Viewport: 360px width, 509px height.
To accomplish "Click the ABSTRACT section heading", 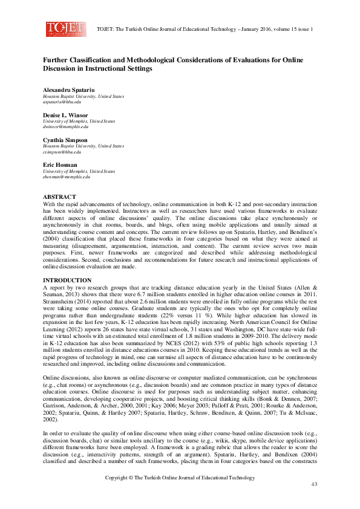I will tap(59, 197).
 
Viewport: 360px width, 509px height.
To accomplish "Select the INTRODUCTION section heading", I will tap(67, 280).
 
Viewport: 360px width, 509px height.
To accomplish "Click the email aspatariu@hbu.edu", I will tap(61, 102).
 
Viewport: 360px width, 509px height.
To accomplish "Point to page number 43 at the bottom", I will tap(314, 485).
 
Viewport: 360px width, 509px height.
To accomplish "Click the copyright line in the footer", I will tap(180, 478).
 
